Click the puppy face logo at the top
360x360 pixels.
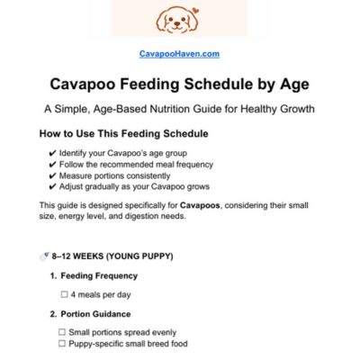tap(179, 19)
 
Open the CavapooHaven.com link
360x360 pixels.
tap(179, 54)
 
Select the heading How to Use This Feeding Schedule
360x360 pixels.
tap(124, 134)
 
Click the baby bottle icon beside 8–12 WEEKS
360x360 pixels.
tap(43, 256)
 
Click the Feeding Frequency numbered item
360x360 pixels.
tap(99, 275)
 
